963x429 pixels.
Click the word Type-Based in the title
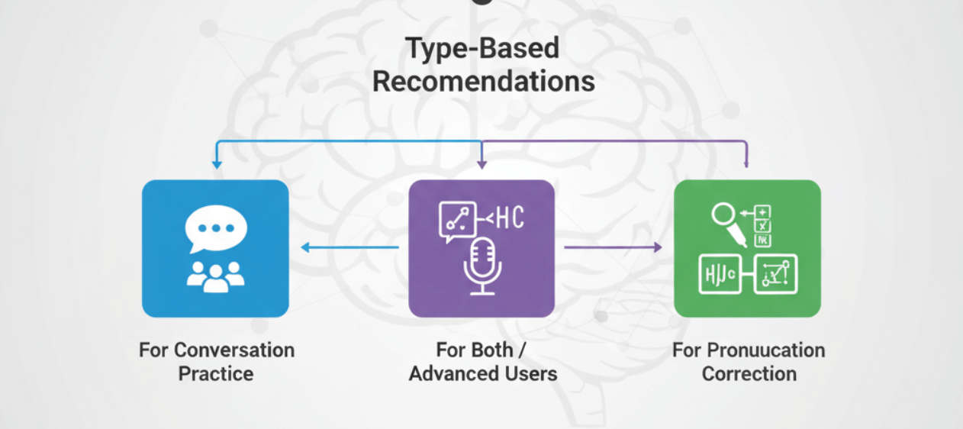(482, 48)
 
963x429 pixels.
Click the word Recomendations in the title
(484, 81)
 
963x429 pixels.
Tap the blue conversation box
(215, 248)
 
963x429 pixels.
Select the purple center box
(481, 248)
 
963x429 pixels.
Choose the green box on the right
(747, 248)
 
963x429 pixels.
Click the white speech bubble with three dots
(216, 228)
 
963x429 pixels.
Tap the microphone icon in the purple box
(482, 265)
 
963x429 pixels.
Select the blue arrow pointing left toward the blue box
(349, 247)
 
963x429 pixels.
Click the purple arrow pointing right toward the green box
(613, 247)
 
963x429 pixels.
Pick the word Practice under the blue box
(216, 374)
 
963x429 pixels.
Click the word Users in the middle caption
(529, 374)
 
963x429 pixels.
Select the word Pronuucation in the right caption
(765, 350)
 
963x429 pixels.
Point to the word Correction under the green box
(749, 374)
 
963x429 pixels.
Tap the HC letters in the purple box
(509, 218)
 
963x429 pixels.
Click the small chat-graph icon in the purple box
(457, 221)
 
